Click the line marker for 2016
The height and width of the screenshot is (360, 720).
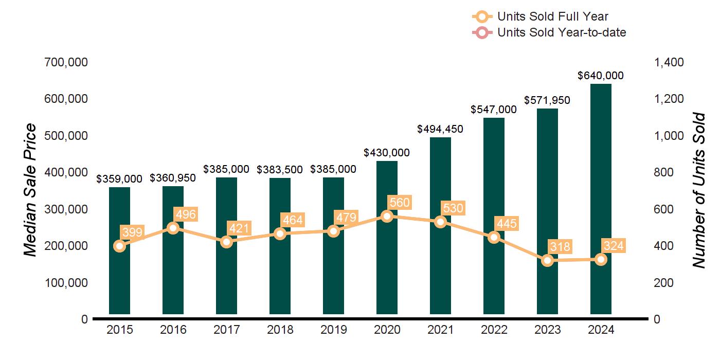[x=173, y=228]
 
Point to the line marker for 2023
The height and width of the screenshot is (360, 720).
[x=548, y=260]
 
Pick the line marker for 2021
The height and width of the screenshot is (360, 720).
[x=440, y=222]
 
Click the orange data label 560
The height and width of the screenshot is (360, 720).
[x=400, y=203]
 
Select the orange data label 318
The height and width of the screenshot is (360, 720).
[x=560, y=246]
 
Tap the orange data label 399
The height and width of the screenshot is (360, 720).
[x=132, y=231]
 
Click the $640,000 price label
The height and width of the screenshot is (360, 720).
[x=601, y=76]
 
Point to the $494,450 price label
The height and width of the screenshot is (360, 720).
[x=440, y=129]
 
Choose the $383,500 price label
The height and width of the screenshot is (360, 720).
[x=280, y=169]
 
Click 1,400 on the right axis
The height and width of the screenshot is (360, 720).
[x=669, y=62]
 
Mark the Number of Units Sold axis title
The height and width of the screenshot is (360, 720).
[x=698, y=190]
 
